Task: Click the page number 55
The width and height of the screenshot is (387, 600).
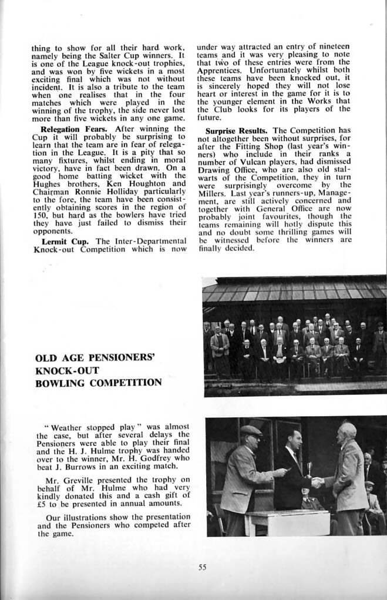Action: (x=202, y=567)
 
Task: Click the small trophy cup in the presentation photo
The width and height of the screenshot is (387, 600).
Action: (x=308, y=468)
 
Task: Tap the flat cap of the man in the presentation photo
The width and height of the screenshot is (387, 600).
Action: (x=251, y=431)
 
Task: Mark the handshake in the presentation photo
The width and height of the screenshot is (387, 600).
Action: (x=317, y=482)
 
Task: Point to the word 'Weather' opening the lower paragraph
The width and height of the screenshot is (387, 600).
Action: (x=69, y=427)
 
